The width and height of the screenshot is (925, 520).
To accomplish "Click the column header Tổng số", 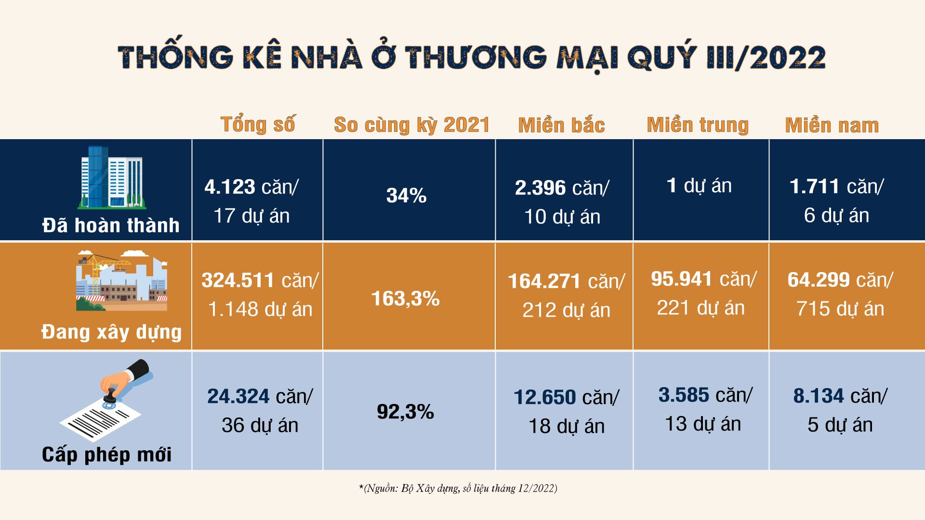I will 258,125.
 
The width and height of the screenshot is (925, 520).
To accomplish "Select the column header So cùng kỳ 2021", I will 411,125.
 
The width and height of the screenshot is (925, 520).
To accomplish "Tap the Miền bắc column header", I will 561,126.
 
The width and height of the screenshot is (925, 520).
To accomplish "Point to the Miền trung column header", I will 698,125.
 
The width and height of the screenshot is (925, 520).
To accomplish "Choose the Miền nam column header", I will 832,126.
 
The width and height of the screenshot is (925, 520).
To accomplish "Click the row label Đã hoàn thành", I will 111,225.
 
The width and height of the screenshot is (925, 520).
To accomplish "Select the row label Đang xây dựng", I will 111,332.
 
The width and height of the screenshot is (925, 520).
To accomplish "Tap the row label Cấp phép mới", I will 106,455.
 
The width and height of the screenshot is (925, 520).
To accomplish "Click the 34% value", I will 406,195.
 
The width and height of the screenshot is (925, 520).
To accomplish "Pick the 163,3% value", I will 405,299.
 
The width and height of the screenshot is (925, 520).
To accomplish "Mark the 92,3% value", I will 405,412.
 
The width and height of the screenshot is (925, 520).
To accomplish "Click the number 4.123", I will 230,187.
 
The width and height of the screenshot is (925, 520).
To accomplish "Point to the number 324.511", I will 238,280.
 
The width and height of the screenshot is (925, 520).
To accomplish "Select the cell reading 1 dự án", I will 699,186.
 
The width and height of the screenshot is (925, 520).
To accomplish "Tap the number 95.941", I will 681,279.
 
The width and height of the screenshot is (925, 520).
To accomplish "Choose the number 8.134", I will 819,396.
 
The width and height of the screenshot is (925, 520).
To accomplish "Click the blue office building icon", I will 112,177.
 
